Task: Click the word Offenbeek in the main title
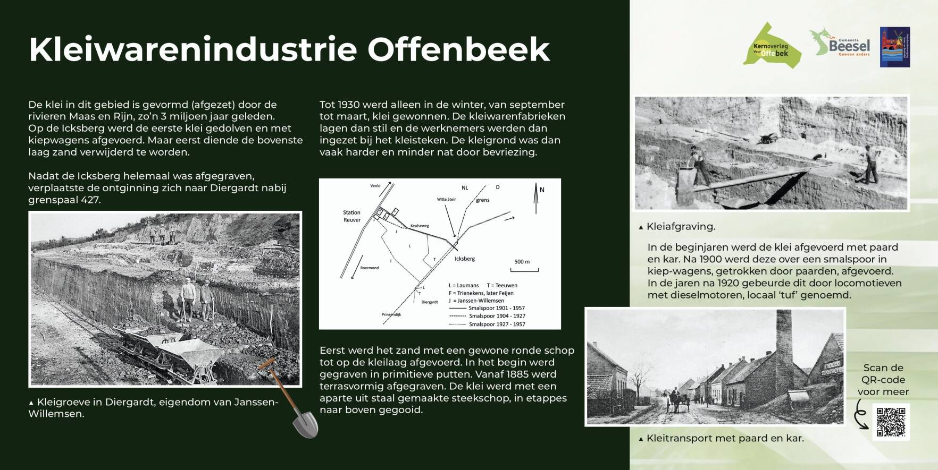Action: click(x=458, y=49)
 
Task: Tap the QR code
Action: click(x=891, y=422)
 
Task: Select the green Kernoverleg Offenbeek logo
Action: click(x=772, y=47)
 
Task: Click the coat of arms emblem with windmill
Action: click(x=894, y=47)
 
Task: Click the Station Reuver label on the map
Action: click(x=351, y=216)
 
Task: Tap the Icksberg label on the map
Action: click(x=464, y=259)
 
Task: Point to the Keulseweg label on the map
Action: click(x=420, y=226)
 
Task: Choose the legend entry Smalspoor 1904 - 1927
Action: click(x=497, y=316)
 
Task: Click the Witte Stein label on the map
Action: click(x=446, y=200)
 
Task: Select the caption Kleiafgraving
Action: click(x=680, y=227)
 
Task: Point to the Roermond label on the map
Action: click(x=370, y=268)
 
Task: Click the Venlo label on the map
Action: click(x=375, y=186)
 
